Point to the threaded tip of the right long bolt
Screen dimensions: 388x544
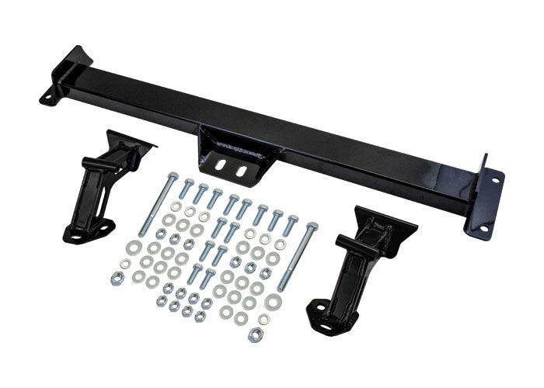tap(281, 288)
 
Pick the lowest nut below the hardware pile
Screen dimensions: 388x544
tap(254, 335)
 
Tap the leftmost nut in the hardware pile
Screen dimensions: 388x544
tap(117, 279)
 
